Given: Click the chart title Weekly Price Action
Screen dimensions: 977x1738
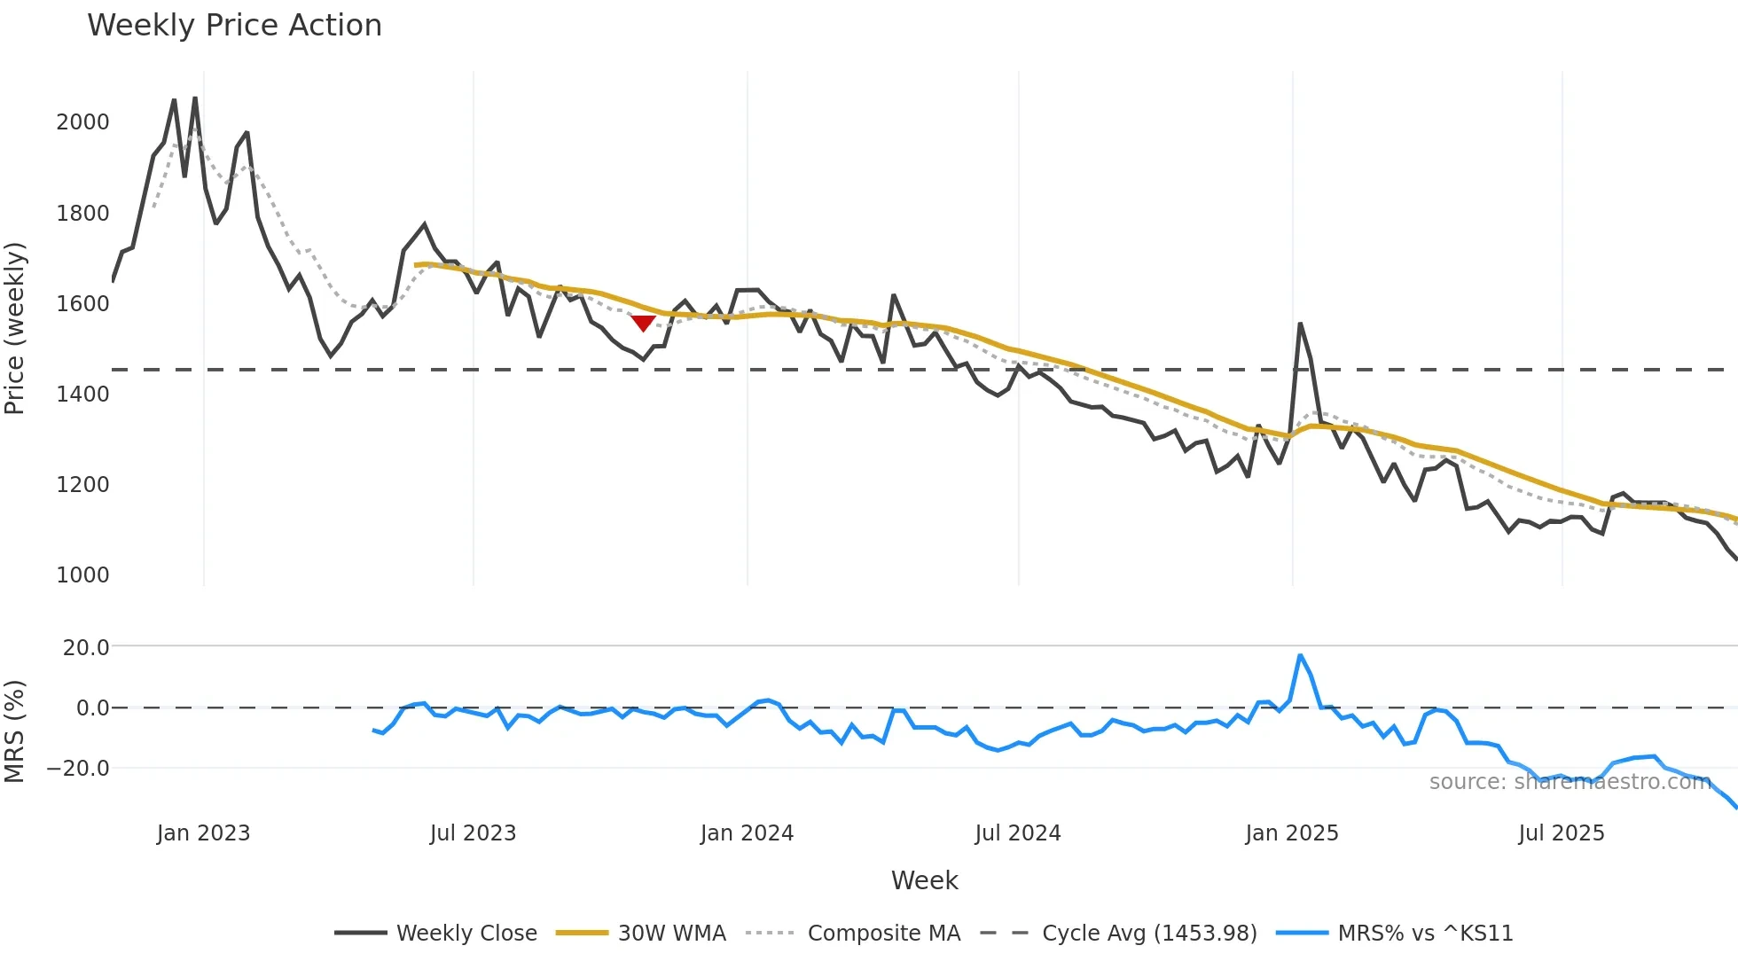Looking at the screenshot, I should pyautogui.click(x=234, y=26).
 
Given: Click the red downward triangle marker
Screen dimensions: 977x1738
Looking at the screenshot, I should pyautogui.click(x=643, y=324).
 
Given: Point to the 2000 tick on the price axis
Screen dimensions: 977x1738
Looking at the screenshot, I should pyautogui.click(x=82, y=122).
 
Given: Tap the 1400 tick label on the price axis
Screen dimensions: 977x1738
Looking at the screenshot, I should pyautogui.click(x=82, y=395).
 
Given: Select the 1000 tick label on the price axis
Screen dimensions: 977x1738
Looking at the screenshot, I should pyautogui.click(x=82, y=575).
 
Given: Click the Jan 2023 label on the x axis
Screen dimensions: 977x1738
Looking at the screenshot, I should pyautogui.click(x=203, y=833).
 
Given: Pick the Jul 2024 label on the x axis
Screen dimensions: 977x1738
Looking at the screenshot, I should pyautogui.click(x=1017, y=833).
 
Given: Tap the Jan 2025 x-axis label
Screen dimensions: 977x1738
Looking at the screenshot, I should pyautogui.click(x=1291, y=833).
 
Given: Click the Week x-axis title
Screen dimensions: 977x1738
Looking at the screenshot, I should pyautogui.click(x=924, y=880).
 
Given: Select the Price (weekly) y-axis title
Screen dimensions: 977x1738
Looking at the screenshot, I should pyautogui.click(x=15, y=328).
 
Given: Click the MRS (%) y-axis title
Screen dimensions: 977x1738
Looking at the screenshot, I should pyautogui.click(x=15, y=731).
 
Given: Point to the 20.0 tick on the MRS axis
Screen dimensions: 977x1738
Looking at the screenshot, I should pyautogui.click(x=86, y=648).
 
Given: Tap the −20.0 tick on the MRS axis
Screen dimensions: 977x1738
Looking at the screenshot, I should pyautogui.click(x=78, y=769).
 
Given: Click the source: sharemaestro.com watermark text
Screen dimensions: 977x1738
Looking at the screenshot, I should pyautogui.click(x=1570, y=782).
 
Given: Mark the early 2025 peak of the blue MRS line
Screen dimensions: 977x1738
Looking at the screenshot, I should pyautogui.click(x=1300, y=656).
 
